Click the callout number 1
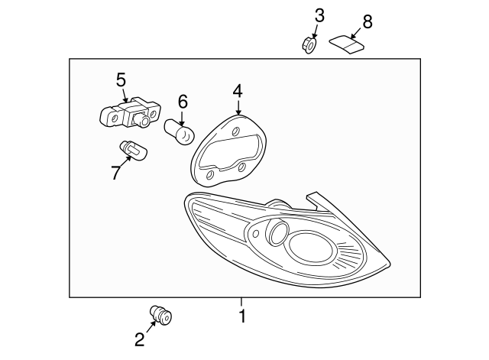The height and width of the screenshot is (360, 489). [x=243, y=316]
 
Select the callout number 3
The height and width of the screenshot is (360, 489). [x=319, y=15]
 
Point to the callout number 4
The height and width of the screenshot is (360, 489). [x=238, y=91]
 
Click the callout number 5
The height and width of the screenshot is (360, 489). [x=121, y=78]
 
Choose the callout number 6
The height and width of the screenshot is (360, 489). [x=183, y=101]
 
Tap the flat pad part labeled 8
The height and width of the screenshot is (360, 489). [x=346, y=45]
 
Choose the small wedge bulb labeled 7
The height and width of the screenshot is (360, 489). [x=132, y=151]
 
